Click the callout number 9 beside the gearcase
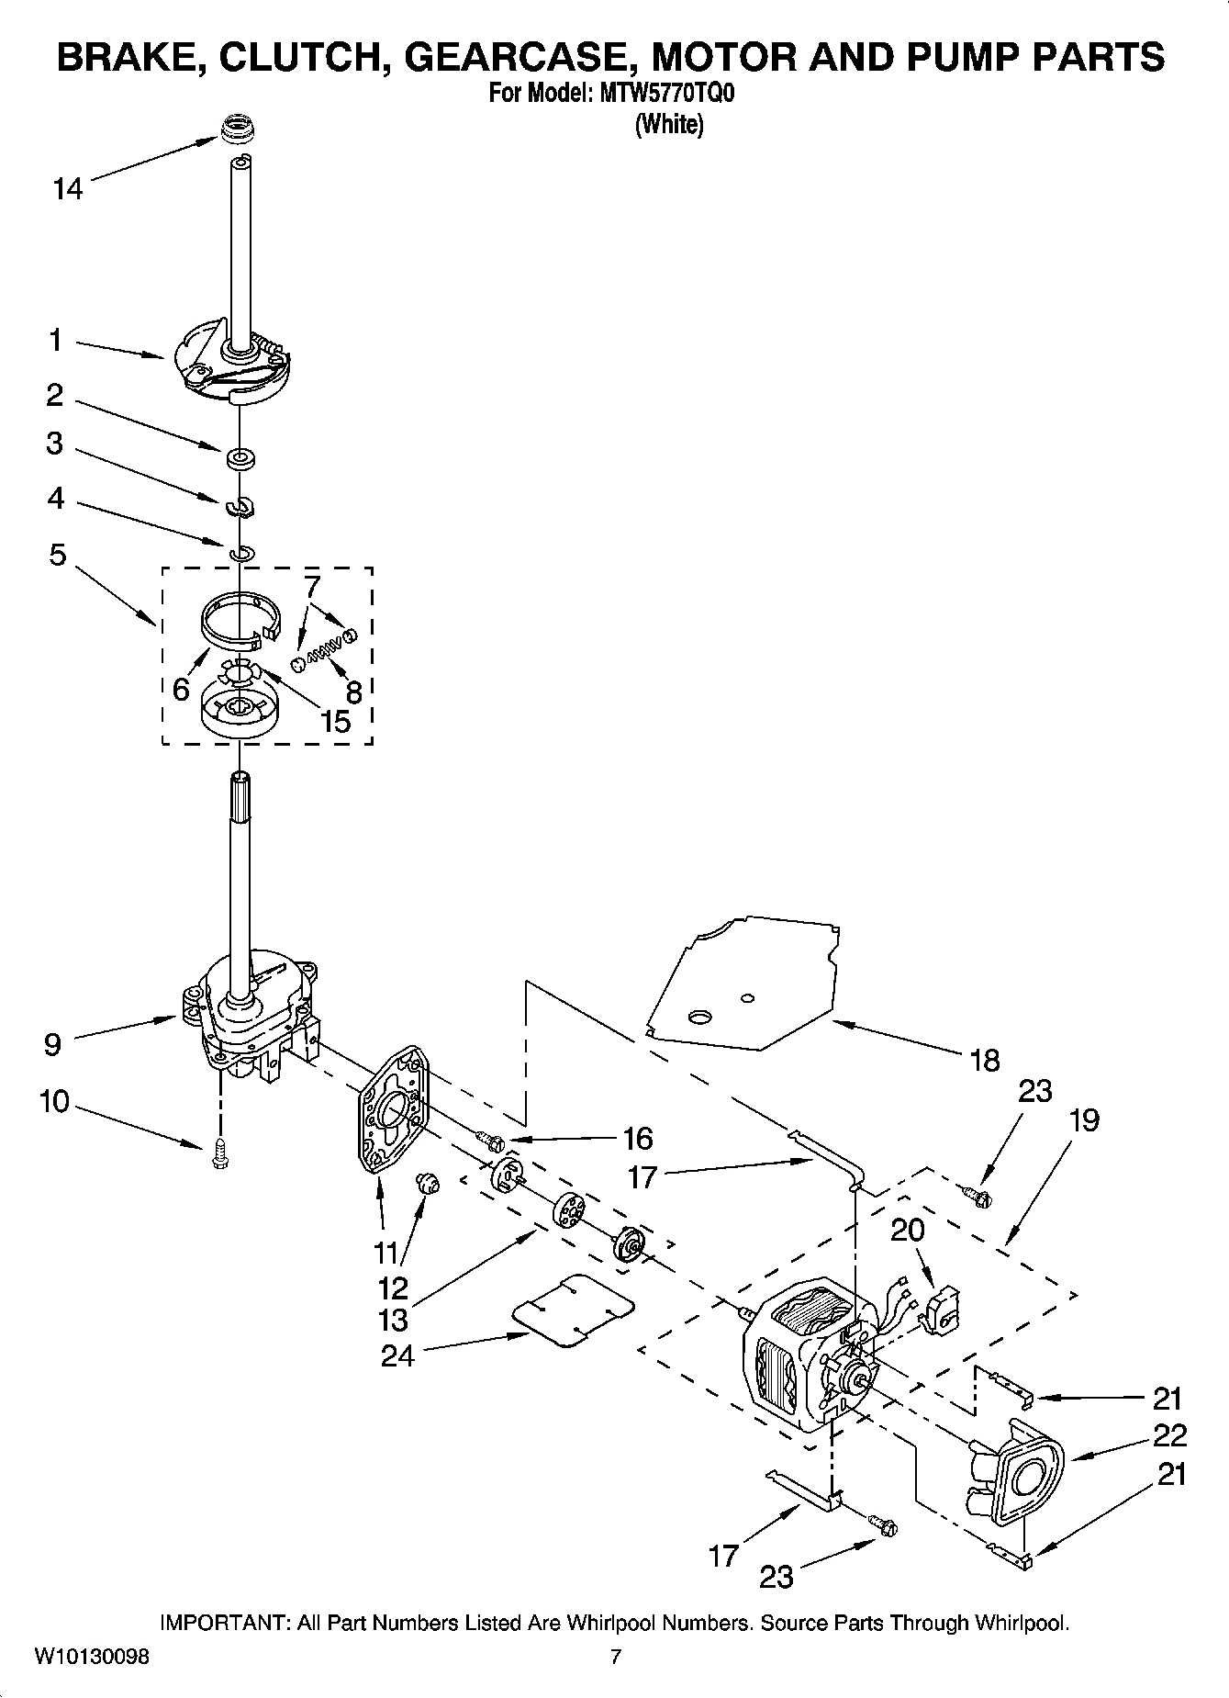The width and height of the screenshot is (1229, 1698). [x=52, y=1043]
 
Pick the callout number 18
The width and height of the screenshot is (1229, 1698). [x=984, y=1061]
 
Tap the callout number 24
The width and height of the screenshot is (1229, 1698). [x=398, y=1355]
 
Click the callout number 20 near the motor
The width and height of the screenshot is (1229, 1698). [x=907, y=1229]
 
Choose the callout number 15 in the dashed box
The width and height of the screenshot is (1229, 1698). [x=336, y=721]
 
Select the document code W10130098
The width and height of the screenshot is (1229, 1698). [x=91, y=1657]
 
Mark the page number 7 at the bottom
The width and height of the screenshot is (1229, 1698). [x=616, y=1657]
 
